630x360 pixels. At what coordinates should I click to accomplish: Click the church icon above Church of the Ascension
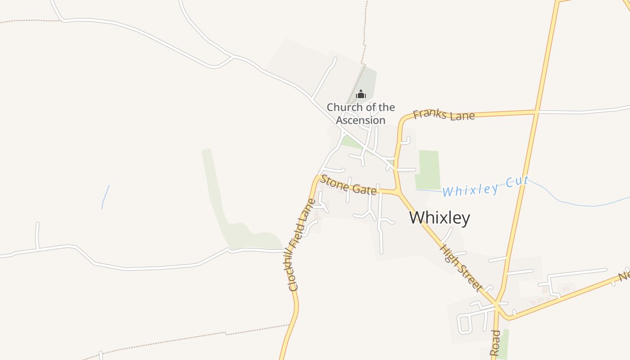point(361,94)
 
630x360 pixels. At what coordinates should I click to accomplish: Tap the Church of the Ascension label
point(361,114)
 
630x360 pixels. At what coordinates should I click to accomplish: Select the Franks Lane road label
point(444,115)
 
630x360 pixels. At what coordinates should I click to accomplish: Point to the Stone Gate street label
point(348,186)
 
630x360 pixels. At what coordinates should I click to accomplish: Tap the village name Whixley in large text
point(440,218)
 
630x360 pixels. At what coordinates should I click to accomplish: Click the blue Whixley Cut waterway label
point(485,187)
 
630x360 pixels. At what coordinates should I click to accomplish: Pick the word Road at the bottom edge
point(495,343)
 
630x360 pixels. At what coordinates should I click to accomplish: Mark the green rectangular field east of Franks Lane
point(428,170)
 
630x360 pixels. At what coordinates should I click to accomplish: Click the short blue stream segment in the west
point(105,197)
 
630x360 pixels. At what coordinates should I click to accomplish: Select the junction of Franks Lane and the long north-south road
point(536,111)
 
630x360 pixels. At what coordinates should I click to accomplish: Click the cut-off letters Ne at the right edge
point(624,275)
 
